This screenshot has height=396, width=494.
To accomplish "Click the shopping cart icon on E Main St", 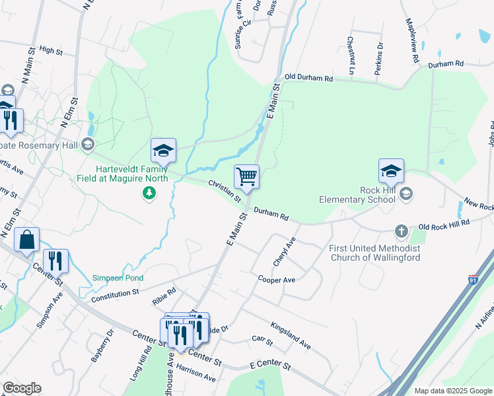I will (x=246, y=176).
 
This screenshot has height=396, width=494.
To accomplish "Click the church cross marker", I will (x=401, y=231).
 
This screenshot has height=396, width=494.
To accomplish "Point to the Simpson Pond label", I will (x=118, y=278).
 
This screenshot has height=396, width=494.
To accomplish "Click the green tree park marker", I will (x=150, y=193).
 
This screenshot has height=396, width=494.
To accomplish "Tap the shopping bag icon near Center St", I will (x=26, y=242).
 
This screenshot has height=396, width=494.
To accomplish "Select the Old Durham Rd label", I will (x=308, y=78).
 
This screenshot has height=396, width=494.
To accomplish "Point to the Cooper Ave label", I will (x=276, y=280).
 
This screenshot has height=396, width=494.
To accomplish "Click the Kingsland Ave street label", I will (x=291, y=335).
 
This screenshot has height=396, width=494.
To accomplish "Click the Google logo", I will (x=22, y=388).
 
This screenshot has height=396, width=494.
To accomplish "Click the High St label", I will (x=50, y=49).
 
